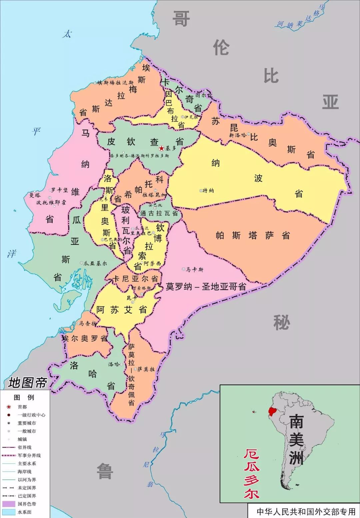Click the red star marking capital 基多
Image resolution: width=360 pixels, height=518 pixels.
[x=161, y=148]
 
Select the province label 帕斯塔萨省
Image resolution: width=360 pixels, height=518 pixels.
[x=253, y=236]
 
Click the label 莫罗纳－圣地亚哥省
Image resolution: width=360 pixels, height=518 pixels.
[x=206, y=286]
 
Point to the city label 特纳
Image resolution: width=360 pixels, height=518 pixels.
[x=208, y=191]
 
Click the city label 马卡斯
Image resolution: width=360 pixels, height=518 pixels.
[x=194, y=269]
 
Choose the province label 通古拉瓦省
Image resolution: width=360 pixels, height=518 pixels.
[x=159, y=213]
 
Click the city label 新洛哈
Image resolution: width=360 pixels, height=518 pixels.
[x=238, y=135]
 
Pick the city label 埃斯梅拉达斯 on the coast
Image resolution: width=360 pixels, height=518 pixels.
[x=115, y=83]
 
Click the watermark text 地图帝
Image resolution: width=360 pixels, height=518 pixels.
[x=27, y=383]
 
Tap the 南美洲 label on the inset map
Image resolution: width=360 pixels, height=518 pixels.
[x=296, y=439]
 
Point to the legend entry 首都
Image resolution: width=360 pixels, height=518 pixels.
[x=22, y=407]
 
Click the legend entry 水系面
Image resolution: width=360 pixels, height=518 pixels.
[x=24, y=512]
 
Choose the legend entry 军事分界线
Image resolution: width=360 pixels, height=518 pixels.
[x=29, y=455]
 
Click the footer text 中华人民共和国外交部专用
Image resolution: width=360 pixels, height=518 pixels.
[x=306, y=511]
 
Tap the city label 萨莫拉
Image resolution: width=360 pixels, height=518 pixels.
[x=146, y=369]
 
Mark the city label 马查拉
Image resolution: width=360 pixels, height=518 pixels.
[x=87, y=323]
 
